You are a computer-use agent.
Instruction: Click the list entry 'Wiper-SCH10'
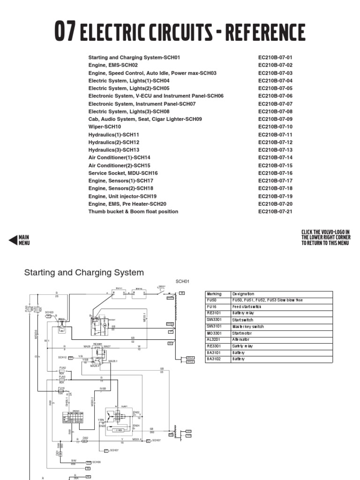click(105, 127)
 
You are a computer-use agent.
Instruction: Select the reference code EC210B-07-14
click(275, 157)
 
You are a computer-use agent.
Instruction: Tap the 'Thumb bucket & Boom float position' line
click(133, 211)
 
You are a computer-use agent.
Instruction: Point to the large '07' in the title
click(66, 33)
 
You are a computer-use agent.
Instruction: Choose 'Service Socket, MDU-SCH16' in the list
click(123, 173)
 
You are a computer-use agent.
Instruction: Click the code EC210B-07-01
click(275, 57)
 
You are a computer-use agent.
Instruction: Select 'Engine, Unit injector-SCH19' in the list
click(122, 196)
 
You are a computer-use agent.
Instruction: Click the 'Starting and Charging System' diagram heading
click(84, 272)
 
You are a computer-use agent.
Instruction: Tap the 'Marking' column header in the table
click(214, 294)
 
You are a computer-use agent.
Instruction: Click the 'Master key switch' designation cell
click(248, 326)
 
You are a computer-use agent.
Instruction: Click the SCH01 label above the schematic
click(182, 281)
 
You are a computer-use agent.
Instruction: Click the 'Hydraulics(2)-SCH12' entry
click(113, 142)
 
